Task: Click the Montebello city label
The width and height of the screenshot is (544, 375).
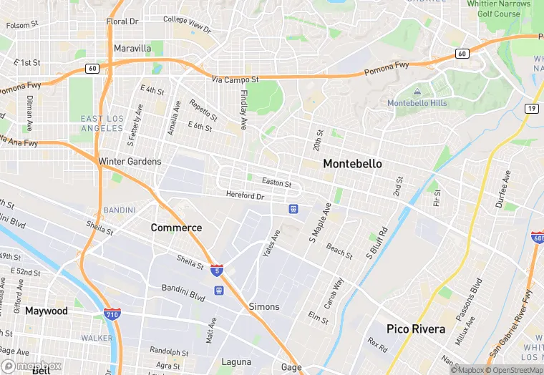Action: [x=352, y=164]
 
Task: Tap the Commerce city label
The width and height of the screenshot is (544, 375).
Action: [x=176, y=228]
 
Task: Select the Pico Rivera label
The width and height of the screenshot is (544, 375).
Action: [x=416, y=329]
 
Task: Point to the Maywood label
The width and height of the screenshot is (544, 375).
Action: [x=47, y=311]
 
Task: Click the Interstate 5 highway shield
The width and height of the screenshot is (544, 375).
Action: [x=216, y=271]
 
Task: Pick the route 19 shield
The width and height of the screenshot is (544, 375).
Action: [x=531, y=109]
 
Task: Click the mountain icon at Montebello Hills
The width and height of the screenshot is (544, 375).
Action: [x=417, y=92]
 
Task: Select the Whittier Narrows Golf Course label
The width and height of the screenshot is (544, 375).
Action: [x=494, y=9]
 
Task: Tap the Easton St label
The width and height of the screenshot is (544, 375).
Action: [x=276, y=184]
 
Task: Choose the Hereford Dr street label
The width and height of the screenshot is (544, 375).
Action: [x=245, y=195]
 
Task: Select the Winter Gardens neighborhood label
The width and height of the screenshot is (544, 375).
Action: [x=130, y=162]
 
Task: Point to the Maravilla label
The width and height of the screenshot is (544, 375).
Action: [x=132, y=49]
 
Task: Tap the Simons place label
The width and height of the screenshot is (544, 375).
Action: [x=264, y=306]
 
